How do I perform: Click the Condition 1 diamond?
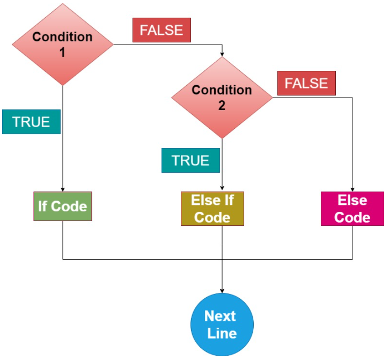tap(63, 44)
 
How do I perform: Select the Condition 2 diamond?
tap(222, 97)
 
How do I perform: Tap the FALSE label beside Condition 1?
tap(162, 30)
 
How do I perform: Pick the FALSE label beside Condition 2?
tap(306, 84)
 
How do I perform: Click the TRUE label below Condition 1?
tap(31, 121)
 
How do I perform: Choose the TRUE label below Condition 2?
tap(190, 160)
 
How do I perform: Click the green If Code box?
tap(63, 206)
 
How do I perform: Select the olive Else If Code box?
tap(212, 208)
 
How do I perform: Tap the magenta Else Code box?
tap(353, 208)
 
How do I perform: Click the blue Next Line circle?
tap(222, 324)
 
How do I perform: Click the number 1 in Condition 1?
tap(62, 52)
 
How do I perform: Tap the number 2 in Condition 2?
tap(222, 105)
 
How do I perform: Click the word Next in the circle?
tap(221, 315)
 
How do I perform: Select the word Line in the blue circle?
tap(222, 333)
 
